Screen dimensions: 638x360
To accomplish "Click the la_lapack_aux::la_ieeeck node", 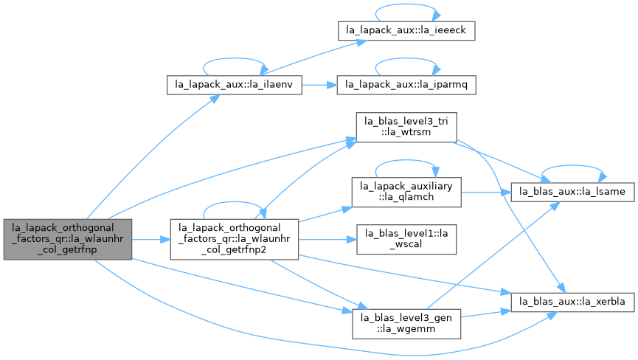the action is point(406,30).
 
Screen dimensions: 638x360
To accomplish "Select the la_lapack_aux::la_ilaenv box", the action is point(235,85).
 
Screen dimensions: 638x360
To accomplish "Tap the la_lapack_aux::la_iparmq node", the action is point(406,85).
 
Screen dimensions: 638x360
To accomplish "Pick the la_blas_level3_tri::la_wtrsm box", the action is point(406,128).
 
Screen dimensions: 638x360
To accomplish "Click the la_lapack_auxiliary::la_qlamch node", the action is point(406,192).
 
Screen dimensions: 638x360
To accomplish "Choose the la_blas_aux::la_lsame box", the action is point(572,192).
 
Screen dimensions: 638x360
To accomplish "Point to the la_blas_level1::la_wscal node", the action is point(406,240).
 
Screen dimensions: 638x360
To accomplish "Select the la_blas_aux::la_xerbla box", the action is point(572,302).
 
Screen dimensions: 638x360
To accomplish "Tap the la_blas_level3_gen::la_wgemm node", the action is point(406,324).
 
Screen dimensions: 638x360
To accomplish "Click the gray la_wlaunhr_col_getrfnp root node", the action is point(68,240).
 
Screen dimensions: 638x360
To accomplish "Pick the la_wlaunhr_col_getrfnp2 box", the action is point(235,240).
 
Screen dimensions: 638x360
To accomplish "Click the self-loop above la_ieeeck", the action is point(406,4).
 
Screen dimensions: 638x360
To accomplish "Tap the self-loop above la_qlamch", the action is point(406,161).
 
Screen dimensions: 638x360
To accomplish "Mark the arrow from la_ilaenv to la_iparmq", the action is point(319,85).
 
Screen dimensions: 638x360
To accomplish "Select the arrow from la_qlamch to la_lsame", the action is point(486,192).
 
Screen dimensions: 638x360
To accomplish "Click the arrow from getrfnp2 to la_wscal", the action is point(327,240).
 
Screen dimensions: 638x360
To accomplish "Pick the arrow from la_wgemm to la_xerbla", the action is point(486,314).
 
